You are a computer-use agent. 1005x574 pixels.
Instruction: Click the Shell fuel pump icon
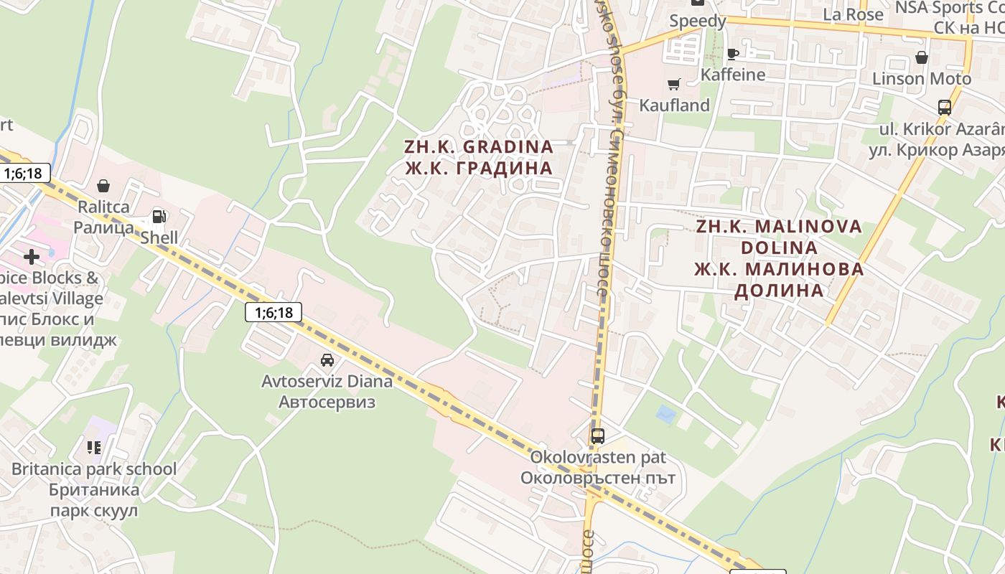[159, 216]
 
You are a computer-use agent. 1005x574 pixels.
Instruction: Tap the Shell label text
[159, 237]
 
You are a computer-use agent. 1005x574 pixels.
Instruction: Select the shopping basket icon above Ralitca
[103, 186]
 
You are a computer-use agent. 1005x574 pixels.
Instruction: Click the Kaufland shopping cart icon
[673, 85]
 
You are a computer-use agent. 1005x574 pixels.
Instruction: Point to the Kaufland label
[674, 105]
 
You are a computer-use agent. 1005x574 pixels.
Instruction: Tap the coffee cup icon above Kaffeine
[732, 54]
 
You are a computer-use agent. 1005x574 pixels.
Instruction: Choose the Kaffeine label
[732, 75]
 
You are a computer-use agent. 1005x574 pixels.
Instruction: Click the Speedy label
[697, 22]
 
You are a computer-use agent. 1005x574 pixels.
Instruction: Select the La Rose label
[853, 14]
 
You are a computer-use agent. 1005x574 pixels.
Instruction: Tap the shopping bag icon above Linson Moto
[922, 57]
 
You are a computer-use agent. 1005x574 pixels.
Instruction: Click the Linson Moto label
[922, 78]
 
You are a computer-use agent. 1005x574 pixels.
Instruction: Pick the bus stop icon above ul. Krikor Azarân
[945, 108]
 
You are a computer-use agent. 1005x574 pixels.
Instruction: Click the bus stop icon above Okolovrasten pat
[597, 436]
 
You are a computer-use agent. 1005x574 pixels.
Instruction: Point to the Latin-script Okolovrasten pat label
[598, 457]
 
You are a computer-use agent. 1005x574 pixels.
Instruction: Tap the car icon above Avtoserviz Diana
[327, 360]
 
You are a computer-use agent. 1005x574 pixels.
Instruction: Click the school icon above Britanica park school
[93, 448]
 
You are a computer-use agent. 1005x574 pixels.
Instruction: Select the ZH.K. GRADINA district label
[479, 147]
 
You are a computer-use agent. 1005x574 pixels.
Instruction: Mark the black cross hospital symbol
[32, 256]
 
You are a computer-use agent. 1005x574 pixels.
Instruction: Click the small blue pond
[666, 414]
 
